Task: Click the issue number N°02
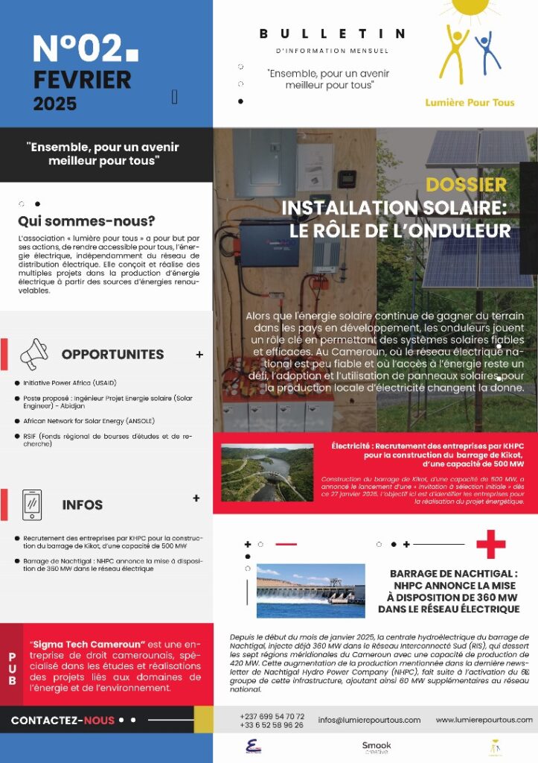pos(77,49)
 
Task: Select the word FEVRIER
pos(82,79)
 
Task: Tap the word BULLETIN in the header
pos(332,34)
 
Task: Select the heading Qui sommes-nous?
pos(86,221)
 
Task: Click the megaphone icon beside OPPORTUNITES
pos(33,354)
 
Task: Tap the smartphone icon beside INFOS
pos(32,504)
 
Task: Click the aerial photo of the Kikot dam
pos(267,472)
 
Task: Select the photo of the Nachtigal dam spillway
pos(310,590)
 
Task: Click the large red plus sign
pos(490,544)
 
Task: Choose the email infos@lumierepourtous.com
pos(369,720)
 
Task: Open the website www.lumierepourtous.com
pos(484,720)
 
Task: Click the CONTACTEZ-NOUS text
pos(63,721)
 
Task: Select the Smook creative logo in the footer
pos(376,747)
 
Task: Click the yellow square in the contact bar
pos(203,719)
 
